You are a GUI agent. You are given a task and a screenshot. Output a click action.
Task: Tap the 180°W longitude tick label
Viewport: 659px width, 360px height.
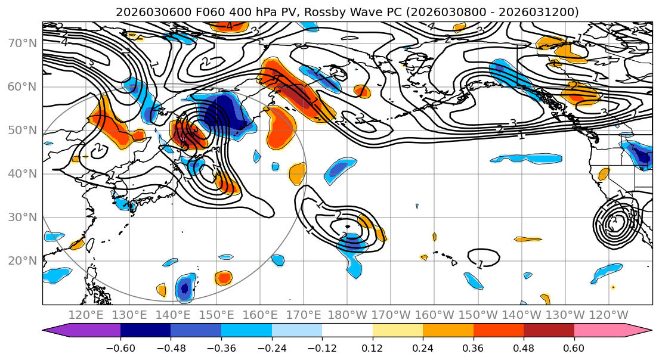pyautogui.click(x=347, y=315)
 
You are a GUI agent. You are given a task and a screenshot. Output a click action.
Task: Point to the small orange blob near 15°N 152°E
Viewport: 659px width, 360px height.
pyautogui.click(x=224, y=277)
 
